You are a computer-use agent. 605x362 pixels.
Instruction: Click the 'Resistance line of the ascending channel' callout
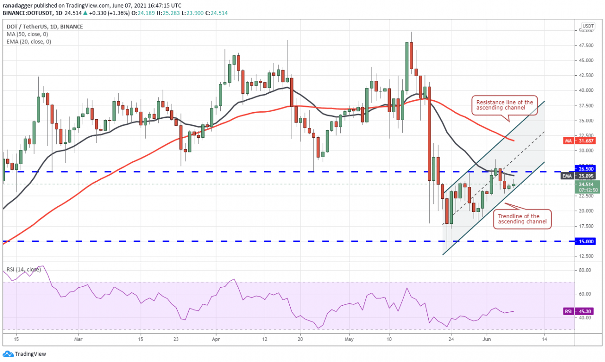click(504, 105)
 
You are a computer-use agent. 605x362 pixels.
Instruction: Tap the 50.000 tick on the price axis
click(586, 30)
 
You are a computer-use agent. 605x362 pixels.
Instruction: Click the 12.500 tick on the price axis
click(586, 256)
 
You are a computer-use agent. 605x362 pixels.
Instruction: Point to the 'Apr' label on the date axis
click(216, 339)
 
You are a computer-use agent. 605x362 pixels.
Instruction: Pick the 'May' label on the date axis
click(349, 339)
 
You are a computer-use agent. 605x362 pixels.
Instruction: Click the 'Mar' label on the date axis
click(78, 339)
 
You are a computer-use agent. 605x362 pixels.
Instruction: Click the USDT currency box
click(588, 26)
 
